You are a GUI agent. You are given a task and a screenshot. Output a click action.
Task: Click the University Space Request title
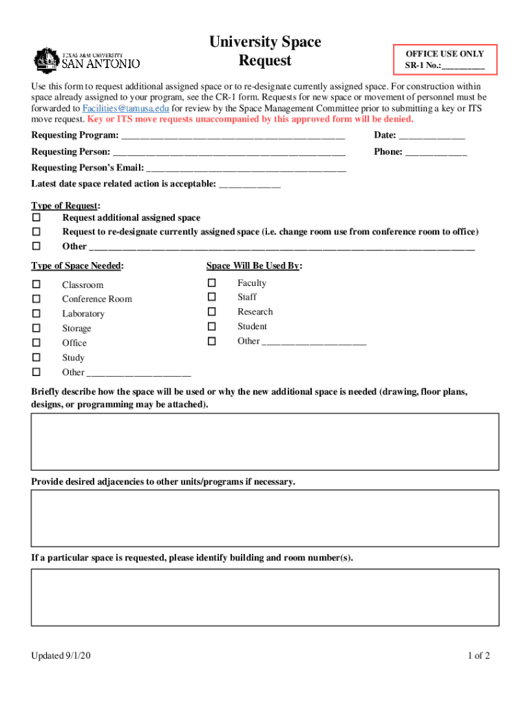pyautogui.click(x=265, y=52)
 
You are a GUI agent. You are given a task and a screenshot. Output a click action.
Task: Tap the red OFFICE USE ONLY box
pyautogui.click(x=445, y=60)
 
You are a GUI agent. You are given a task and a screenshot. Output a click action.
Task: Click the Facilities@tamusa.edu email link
pyautogui.click(x=126, y=109)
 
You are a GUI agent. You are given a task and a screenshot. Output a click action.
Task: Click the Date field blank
pyautogui.click(x=432, y=135)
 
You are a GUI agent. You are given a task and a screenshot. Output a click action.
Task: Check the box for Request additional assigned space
pyautogui.click(x=36, y=217)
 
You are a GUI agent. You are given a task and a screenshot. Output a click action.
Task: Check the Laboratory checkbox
pyautogui.click(x=36, y=313)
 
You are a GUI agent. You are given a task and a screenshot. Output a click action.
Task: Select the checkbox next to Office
pyautogui.click(x=36, y=342)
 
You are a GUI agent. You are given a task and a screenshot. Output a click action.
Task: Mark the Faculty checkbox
pyautogui.click(x=212, y=283)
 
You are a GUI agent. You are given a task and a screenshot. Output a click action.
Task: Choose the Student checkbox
pyautogui.click(x=212, y=327)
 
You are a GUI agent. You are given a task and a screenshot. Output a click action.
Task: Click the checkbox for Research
pyautogui.click(x=212, y=311)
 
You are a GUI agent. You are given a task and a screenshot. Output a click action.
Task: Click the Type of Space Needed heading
pyautogui.click(x=77, y=266)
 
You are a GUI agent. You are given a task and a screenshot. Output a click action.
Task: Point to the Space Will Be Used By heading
pyautogui.click(x=254, y=266)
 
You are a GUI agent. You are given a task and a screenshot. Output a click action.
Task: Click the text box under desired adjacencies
pyautogui.click(x=265, y=518)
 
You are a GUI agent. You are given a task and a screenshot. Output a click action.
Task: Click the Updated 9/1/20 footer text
pyautogui.click(x=61, y=656)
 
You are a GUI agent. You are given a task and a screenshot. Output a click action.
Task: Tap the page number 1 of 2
pyautogui.click(x=478, y=656)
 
